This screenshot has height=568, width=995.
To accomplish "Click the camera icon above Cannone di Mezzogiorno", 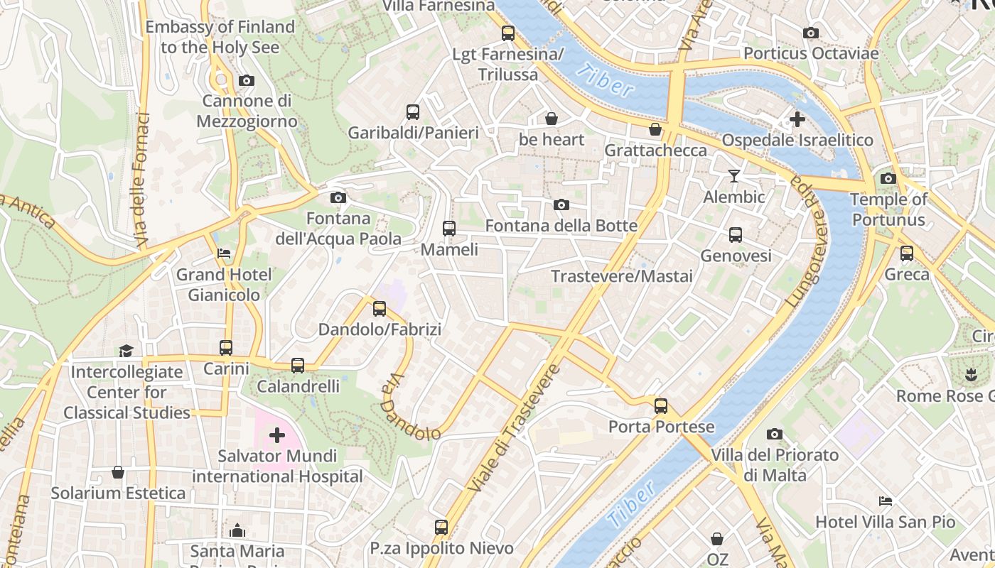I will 247,81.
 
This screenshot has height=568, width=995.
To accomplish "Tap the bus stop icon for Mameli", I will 449,229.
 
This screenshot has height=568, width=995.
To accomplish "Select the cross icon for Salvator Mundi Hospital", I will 276,435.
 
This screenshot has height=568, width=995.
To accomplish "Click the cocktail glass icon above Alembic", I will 734,175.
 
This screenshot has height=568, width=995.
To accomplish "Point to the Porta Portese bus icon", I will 661,406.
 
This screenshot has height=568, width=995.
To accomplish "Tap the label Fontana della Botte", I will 561,226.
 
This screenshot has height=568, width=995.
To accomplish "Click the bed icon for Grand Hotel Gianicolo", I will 224,253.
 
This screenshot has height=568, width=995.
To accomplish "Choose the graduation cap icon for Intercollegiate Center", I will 126,351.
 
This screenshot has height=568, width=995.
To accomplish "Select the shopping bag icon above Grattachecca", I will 655,129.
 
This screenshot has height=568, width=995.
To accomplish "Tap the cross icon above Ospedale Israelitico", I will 797,119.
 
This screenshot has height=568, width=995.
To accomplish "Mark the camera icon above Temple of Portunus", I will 888,178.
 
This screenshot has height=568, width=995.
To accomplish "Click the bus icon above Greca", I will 907,253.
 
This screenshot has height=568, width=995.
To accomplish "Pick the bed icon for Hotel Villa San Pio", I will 885,501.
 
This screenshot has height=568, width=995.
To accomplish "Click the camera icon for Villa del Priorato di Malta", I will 775,434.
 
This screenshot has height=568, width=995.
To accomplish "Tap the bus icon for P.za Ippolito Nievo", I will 441,528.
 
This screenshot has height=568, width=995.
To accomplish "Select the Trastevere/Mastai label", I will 622,276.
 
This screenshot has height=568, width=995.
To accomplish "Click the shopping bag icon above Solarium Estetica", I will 118,472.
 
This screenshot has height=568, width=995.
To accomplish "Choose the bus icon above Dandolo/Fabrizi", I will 380,309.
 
